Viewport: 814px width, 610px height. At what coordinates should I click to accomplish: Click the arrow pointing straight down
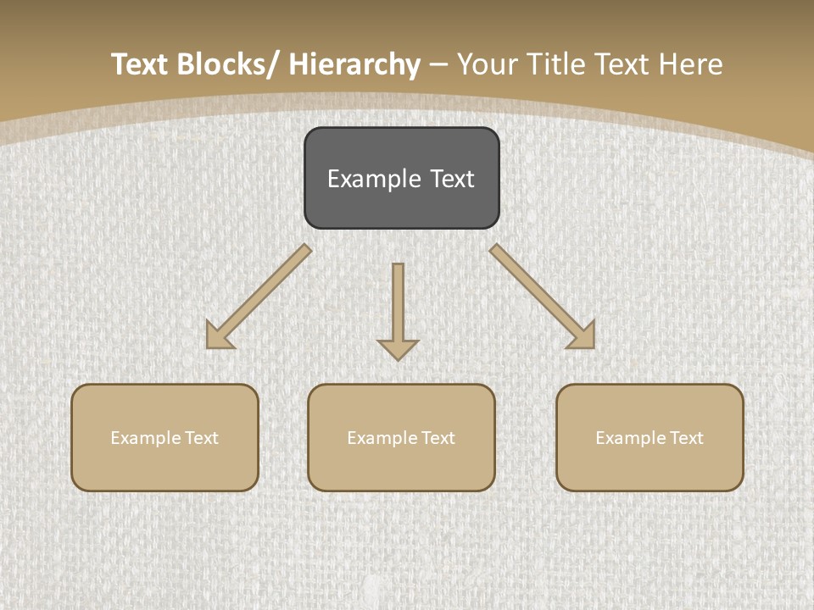point(398,309)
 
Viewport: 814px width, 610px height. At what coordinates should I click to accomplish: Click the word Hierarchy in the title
point(354,64)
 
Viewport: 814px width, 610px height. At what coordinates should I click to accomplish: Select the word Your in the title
point(486,64)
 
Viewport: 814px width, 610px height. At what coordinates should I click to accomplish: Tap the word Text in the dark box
point(451,179)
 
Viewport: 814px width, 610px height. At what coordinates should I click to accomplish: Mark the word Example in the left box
point(147,438)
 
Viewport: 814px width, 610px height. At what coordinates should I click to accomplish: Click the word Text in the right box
point(685,438)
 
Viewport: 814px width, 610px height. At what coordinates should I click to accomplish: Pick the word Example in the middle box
point(383,438)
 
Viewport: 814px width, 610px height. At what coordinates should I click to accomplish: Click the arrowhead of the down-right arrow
point(584,336)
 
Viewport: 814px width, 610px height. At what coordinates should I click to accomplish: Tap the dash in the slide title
point(438,64)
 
